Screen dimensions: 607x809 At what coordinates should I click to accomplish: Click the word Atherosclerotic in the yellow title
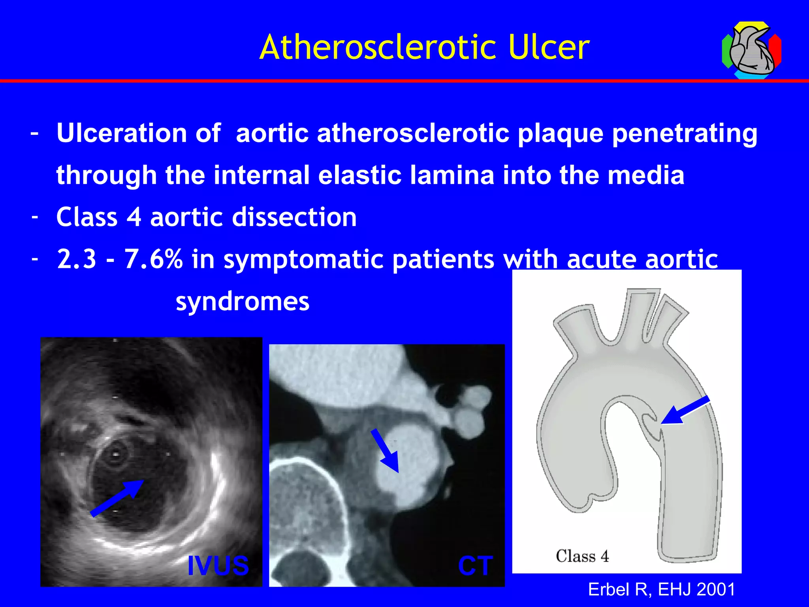click(378, 47)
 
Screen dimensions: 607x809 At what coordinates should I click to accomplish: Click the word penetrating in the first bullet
click(684, 134)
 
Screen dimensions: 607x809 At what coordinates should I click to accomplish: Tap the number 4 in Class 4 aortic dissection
click(134, 217)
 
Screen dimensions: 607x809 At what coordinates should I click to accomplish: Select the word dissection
click(294, 217)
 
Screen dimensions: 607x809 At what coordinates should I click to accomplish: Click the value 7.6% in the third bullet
click(153, 260)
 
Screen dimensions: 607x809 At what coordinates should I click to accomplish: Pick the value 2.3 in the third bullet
click(77, 260)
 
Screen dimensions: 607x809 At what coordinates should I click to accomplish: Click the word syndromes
click(242, 302)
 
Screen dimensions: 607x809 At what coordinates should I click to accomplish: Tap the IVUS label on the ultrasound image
click(218, 566)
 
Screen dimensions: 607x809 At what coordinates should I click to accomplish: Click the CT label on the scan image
click(475, 566)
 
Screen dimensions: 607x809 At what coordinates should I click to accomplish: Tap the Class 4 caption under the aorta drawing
click(582, 556)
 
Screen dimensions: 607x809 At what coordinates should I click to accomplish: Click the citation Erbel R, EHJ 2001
click(662, 589)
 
